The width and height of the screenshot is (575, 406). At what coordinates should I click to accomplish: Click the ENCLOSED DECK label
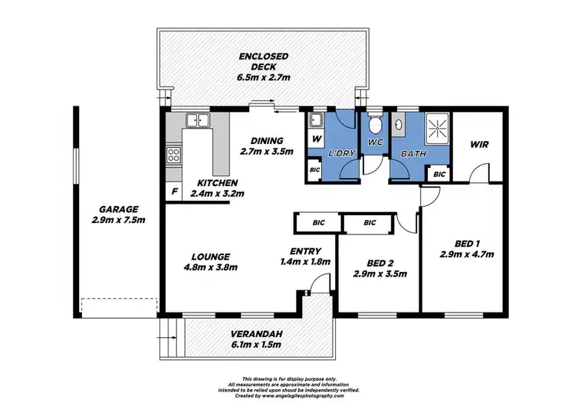pos(262,57)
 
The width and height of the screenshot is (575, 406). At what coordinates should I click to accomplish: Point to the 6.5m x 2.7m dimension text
pos(262,77)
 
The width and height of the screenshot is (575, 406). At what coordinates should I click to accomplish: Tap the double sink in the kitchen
pos(196,120)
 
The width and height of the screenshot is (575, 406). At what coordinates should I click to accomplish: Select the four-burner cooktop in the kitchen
pos(174,156)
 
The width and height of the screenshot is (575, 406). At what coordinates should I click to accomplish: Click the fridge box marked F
pos(174,190)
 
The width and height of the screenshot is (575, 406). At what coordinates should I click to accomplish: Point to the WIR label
pos(478,144)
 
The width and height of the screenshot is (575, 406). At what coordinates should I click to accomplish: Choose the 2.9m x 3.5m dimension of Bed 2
pos(379,273)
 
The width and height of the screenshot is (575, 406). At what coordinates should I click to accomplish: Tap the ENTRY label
pos(305,251)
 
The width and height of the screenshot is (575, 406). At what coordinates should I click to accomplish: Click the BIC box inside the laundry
pos(315,169)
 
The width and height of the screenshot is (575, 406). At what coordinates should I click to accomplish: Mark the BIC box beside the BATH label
pos(439,175)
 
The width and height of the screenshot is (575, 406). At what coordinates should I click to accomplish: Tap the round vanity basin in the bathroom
pos(399,123)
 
